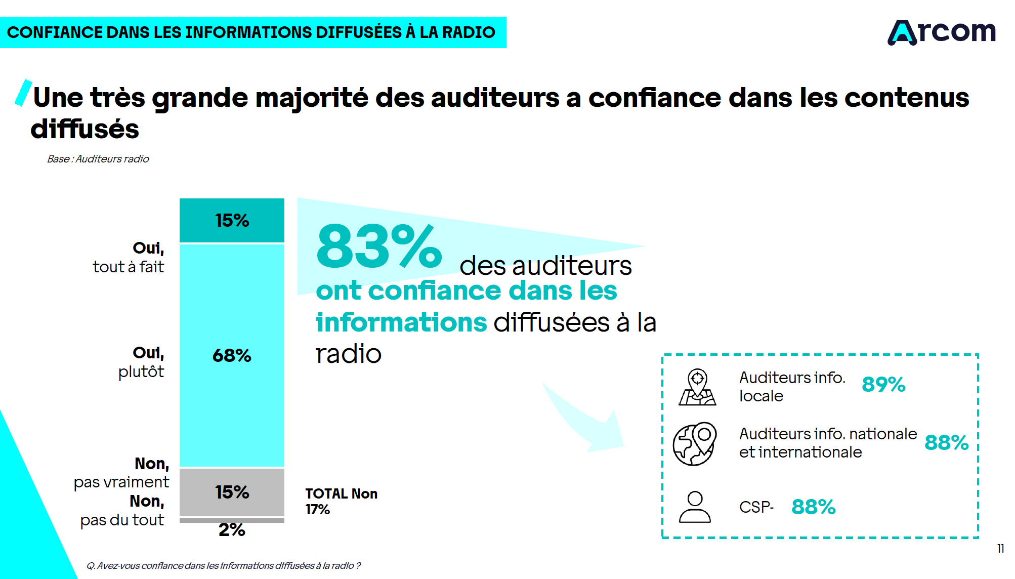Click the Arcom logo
[942, 32]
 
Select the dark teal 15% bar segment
[232, 220]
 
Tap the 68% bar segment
[232, 355]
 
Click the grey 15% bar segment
[232, 492]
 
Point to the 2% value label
[232, 530]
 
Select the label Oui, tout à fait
[129, 257]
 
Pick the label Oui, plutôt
[141, 362]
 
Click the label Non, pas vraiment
[122, 473]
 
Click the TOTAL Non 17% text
[341, 501]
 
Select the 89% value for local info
[883, 384]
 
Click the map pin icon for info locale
[697, 387]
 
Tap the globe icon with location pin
[695, 443]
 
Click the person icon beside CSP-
[695, 507]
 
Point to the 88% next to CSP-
[813, 507]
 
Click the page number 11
[1000, 549]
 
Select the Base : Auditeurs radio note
[98, 159]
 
